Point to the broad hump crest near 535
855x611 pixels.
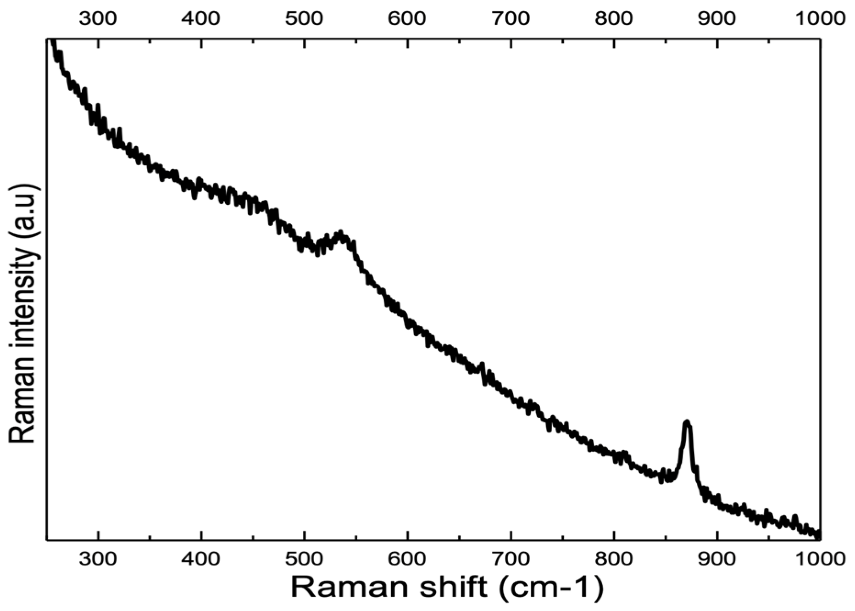[x=340, y=233]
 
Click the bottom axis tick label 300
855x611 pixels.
[x=98, y=558]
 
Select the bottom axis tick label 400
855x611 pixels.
[x=201, y=558]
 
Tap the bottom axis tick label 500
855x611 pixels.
[x=304, y=558]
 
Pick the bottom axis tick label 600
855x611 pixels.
[x=407, y=558]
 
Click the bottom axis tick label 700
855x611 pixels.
[x=511, y=558]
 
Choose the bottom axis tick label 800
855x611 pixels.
[x=614, y=558]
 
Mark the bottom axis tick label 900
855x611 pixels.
[x=717, y=558]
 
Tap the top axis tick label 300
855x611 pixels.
[x=98, y=18]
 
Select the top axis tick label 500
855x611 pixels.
[x=304, y=18]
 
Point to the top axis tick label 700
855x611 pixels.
[x=511, y=18]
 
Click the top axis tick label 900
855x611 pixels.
[x=717, y=18]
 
